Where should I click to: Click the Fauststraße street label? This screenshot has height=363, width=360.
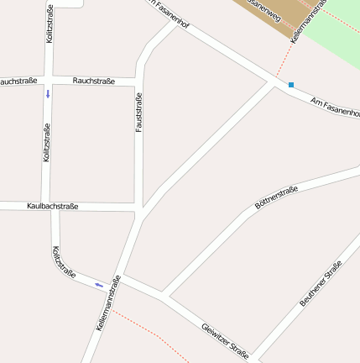(x=139, y=113)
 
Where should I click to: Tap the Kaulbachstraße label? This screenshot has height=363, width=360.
(x=52, y=206)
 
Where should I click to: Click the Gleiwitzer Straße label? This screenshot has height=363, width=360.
(x=225, y=341)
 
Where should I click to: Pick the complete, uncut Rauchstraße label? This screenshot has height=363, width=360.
(x=94, y=81)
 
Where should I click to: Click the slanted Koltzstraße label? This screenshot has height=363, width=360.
(x=65, y=261)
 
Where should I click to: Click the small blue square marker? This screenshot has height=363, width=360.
(x=291, y=85)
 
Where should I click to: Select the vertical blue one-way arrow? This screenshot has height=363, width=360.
(x=48, y=93)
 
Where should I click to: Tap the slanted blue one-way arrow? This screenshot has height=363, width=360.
(x=99, y=285)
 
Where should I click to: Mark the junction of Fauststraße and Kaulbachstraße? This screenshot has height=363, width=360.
(x=138, y=206)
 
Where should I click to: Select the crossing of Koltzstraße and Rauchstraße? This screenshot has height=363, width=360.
(x=48, y=81)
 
